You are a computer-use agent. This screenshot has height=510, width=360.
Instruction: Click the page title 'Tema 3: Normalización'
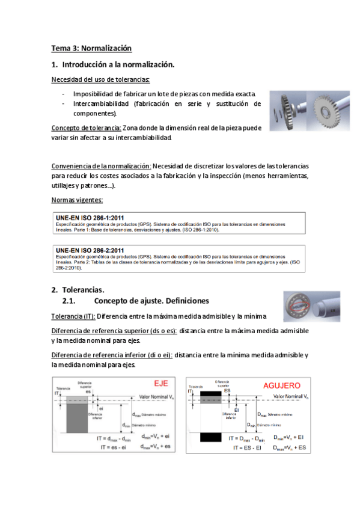click(91, 48)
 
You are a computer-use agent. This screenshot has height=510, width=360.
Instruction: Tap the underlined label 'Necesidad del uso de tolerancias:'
click(100, 79)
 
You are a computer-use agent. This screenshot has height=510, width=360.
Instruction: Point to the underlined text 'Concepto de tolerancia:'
click(87, 128)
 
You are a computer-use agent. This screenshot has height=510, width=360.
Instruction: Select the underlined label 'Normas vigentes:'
click(77, 200)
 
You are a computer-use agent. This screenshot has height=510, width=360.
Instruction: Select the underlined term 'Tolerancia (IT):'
click(73, 316)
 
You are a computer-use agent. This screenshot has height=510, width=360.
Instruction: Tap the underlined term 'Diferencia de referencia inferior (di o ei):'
click(112, 355)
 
